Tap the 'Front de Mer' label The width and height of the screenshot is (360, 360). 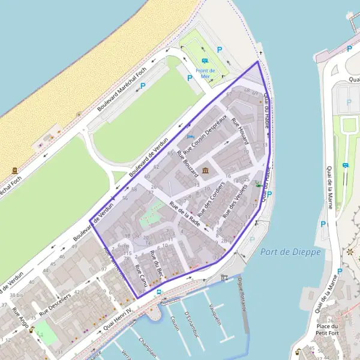point(205,73)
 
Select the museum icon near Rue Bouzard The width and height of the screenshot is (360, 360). point(206,172)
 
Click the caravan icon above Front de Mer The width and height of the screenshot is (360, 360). point(205,61)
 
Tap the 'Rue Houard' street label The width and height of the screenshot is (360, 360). point(239,136)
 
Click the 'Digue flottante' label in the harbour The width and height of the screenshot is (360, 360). point(241,295)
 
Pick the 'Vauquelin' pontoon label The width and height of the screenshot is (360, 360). point(215,313)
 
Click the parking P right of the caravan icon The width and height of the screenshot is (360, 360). point(219,50)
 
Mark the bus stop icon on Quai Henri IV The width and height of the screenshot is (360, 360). point(158,292)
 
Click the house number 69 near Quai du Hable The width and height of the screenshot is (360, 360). point(254,93)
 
